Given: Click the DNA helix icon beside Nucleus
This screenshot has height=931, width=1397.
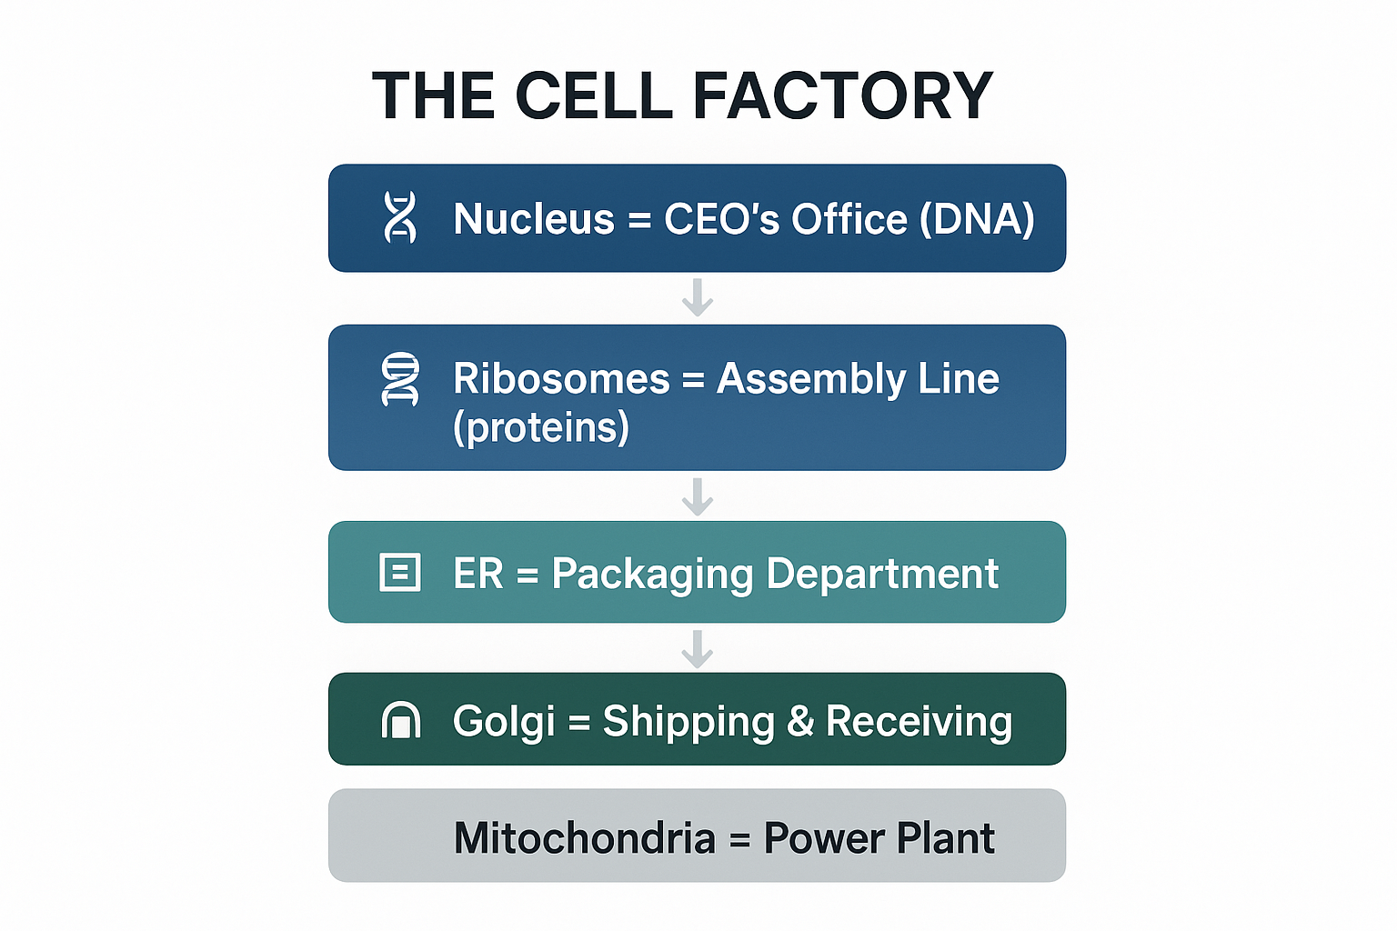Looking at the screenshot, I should tap(400, 217).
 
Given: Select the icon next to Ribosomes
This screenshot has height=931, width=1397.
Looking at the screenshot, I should tap(400, 378).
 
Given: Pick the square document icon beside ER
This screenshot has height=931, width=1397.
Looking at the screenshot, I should tap(400, 573).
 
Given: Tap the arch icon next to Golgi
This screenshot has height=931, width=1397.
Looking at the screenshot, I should tap(400, 720).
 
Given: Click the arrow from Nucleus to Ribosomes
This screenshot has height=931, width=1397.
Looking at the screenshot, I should tap(698, 297).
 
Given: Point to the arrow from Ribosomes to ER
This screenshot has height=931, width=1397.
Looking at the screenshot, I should tap(698, 496).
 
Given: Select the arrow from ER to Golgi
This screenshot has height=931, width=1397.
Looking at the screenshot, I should tap(698, 648).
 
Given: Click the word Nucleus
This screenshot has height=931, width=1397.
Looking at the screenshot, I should tap(534, 219).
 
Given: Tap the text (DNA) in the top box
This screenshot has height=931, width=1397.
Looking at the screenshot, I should tap(977, 219).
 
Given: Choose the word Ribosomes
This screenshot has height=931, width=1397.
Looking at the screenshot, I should tap(561, 378).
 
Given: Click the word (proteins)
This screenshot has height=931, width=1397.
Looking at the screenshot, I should tap(541, 427).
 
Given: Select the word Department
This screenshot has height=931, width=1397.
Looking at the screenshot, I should tap(882, 574).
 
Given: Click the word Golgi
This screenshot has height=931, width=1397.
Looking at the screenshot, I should tap(504, 722).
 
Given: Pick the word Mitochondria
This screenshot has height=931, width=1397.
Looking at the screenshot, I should tap(585, 837).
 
